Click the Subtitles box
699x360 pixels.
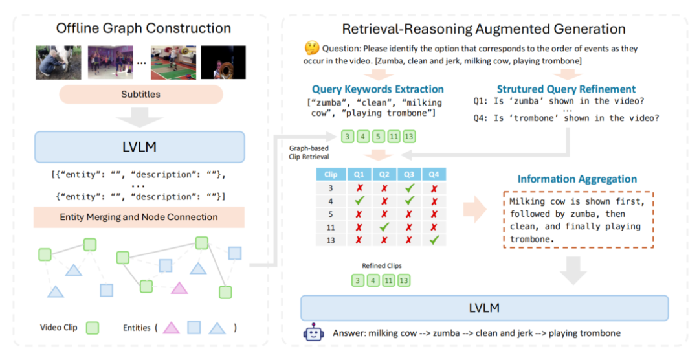(x=141, y=94)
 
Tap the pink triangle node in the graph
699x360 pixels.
(x=179, y=288)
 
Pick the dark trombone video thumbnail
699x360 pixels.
(x=223, y=62)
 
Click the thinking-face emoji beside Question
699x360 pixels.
(x=312, y=49)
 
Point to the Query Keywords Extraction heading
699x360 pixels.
(x=377, y=89)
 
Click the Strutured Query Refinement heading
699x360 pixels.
(x=566, y=89)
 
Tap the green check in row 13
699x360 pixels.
(x=434, y=240)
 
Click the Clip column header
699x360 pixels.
(x=330, y=174)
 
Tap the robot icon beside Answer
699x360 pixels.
(x=313, y=333)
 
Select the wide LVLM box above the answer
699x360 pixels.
(x=484, y=308)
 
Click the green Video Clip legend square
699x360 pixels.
(x=93, y=328)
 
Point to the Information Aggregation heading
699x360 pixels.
(x=576, y=179)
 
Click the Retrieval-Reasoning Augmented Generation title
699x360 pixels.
(x=483, y=29)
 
